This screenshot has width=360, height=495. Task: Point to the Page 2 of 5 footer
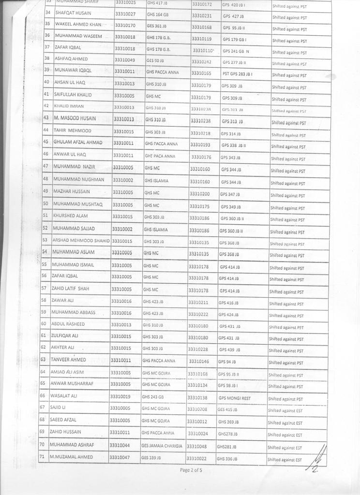click(191, 469)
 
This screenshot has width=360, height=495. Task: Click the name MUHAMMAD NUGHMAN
click(79, 179)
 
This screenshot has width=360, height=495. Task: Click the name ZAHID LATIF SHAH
click(71, 289)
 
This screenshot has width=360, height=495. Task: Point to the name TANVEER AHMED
click(68, 360)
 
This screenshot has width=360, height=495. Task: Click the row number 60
click(44, 324)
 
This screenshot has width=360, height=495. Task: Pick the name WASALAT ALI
click(64, 396)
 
